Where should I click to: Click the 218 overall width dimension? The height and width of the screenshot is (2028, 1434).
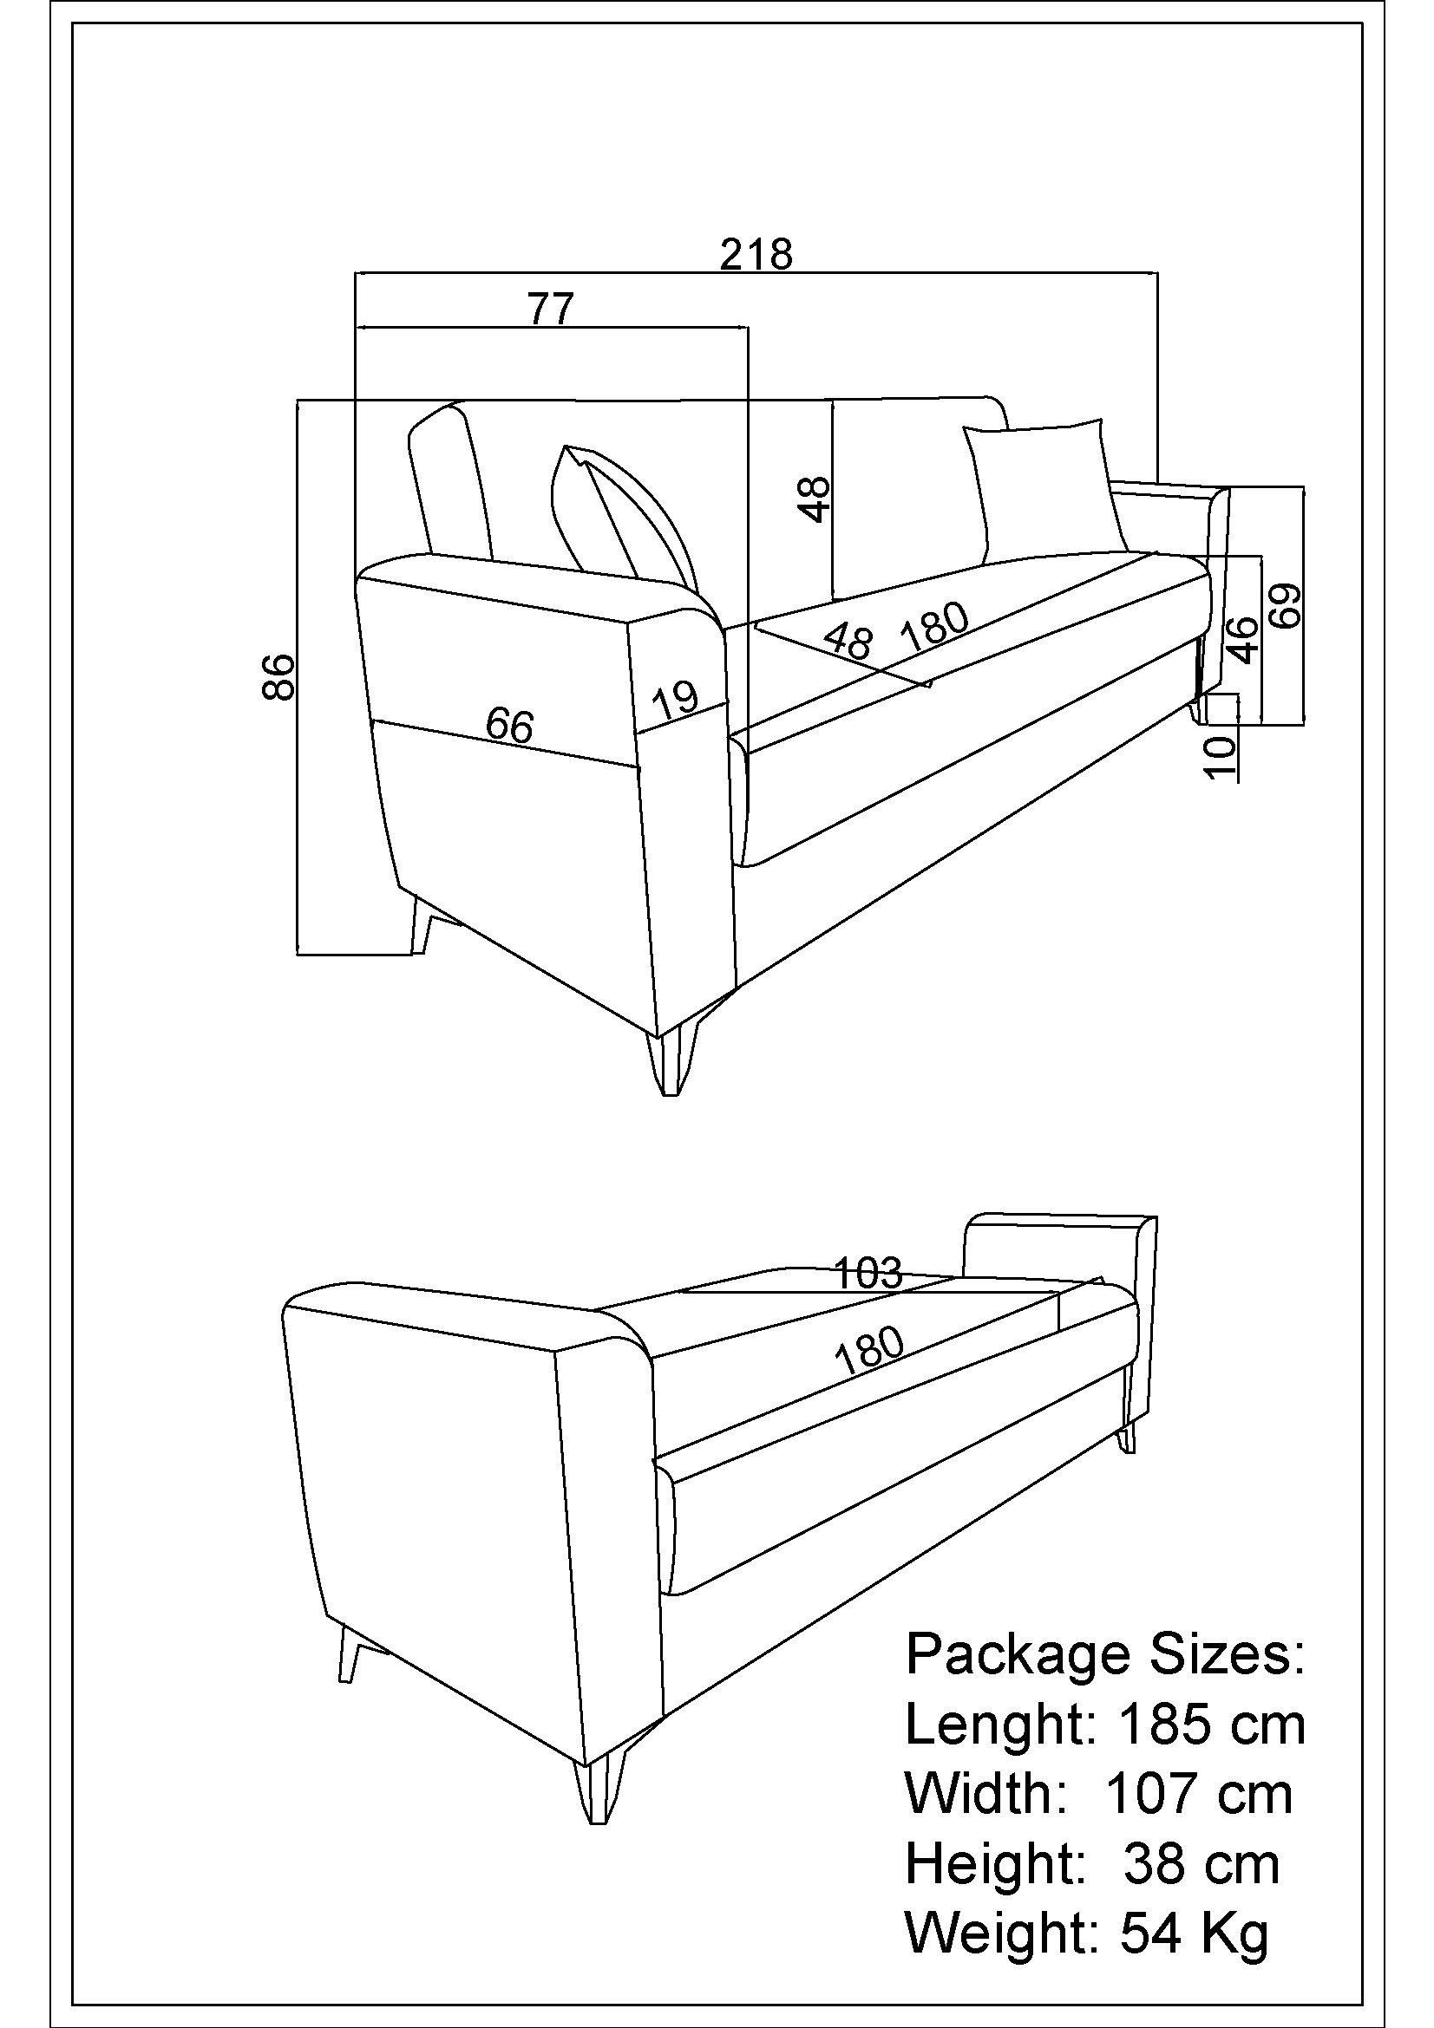[x=756, y=254]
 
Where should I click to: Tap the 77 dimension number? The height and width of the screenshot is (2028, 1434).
[x=551, y=310]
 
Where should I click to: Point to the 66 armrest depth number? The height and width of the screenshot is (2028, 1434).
[x=510, y=726]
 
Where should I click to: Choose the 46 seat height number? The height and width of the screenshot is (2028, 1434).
[x=1242, y=640]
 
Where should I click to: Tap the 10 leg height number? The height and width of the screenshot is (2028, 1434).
[x=1220, y=758]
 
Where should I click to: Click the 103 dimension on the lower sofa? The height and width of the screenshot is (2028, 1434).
[x=868, y=1273]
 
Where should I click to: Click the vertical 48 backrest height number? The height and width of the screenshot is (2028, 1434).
[x=816, y=499]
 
